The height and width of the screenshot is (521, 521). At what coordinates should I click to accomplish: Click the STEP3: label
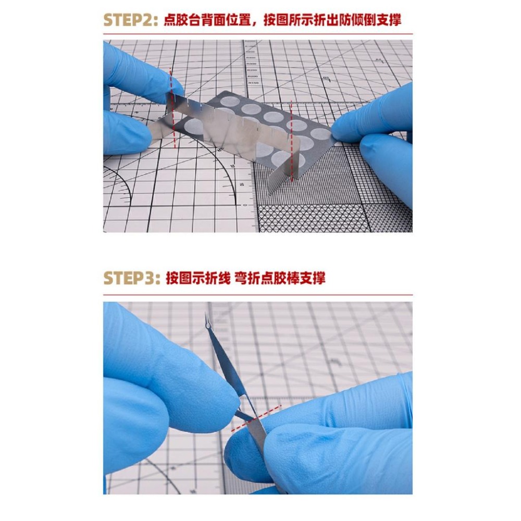coord(130,278)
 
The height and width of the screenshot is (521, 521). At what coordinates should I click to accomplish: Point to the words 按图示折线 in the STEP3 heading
coord(198,278)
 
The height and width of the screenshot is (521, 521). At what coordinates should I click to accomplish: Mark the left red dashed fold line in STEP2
coord(172,109)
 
